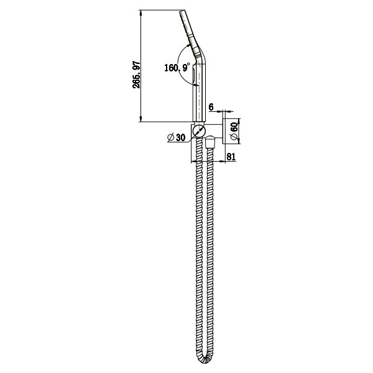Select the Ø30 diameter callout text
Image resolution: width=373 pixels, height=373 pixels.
(177, 137)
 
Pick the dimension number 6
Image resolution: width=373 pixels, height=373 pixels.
(212, 108)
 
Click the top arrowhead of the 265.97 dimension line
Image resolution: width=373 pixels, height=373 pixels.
(143, 12)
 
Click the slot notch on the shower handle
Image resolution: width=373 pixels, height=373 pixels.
(195, 77)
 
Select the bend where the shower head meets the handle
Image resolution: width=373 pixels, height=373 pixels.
(198, 53)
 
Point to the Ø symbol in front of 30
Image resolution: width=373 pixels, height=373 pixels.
(170, 137)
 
